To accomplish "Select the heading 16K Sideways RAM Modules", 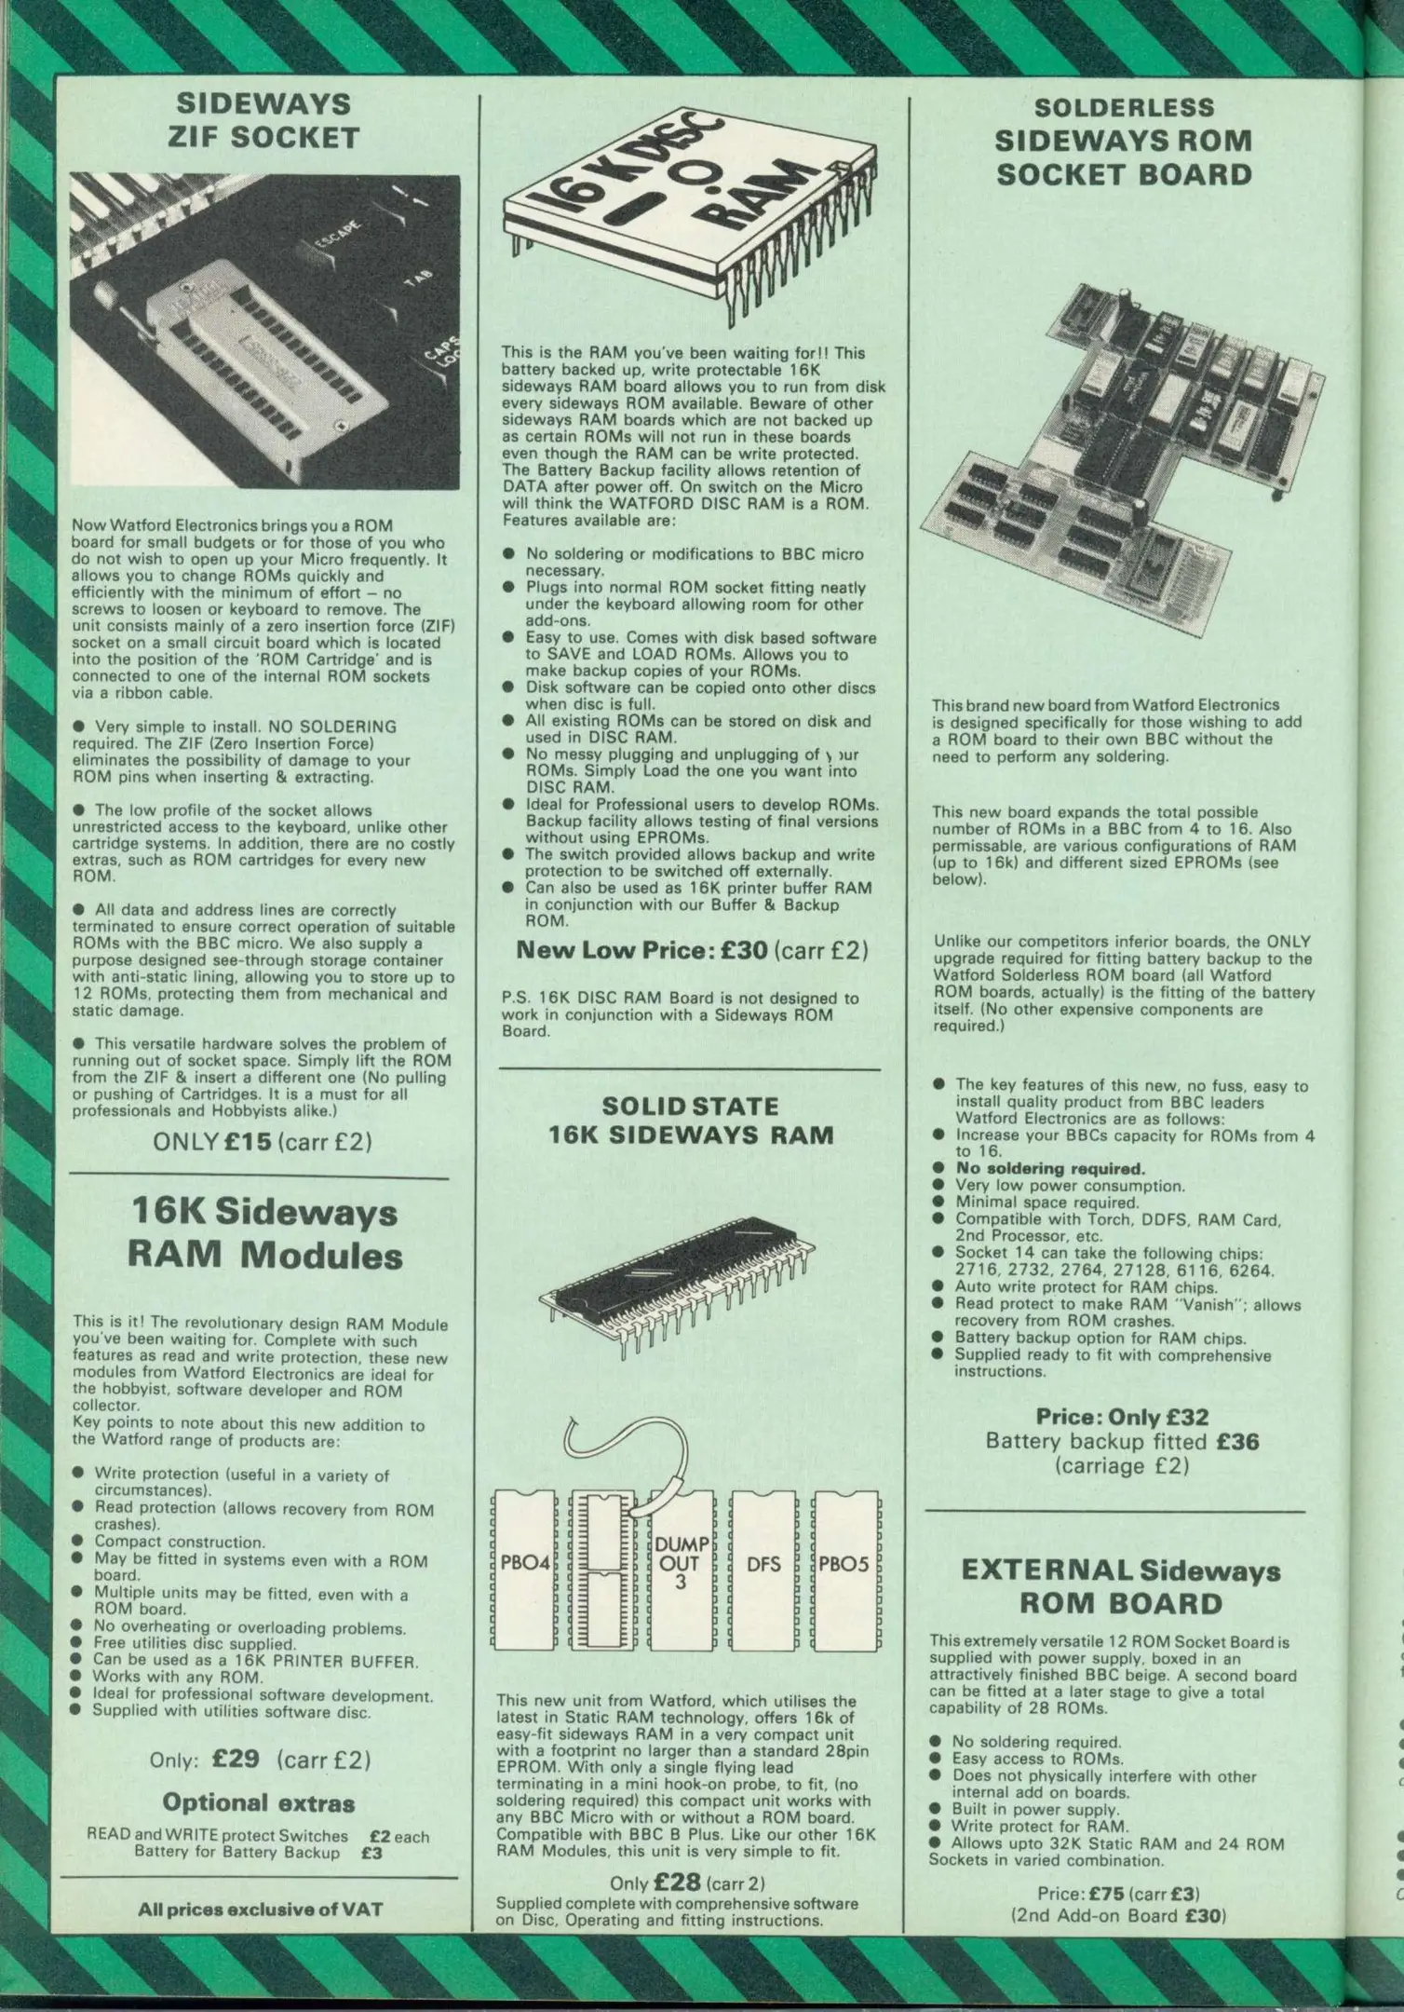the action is click(x=264, y=1234).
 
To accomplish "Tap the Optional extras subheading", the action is click(x=259, y=1802).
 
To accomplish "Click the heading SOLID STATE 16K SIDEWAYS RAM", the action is click(x=690, y=1121).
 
